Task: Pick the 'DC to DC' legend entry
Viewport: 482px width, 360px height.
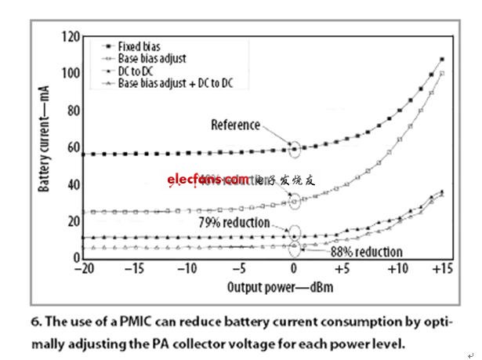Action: click(x=136, y=71)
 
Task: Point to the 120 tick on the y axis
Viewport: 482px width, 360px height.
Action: click(x=71, y=37)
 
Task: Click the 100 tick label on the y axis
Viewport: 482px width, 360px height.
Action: click(x=71, y=74)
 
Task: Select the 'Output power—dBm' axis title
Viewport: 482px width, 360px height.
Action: click(x=273, y=287)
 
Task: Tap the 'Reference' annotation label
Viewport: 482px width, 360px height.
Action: click(x=235, y=125)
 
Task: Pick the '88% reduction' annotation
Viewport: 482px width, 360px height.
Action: click(x=366, y=252)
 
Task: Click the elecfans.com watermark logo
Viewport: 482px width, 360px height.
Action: click(x=208, y=180)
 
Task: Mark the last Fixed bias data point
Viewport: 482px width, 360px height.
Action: click(x=443, y=60)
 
